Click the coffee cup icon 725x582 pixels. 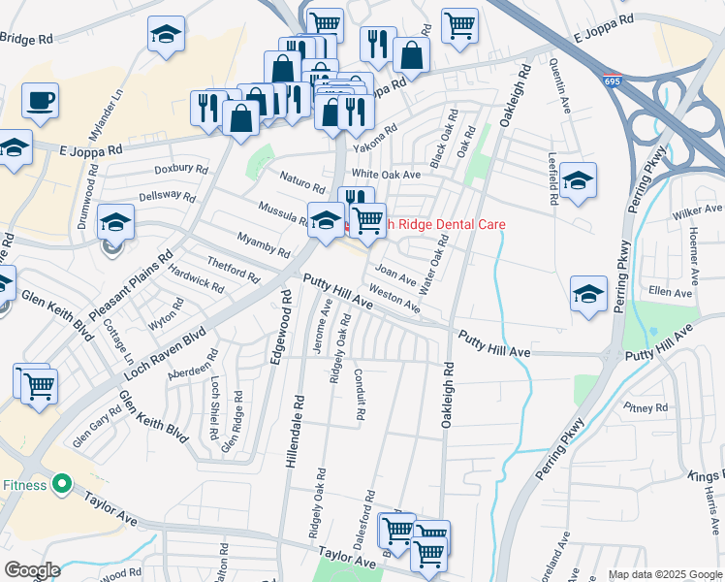coord(41,101)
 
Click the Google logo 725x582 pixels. coord(32,569)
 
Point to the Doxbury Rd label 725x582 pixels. coord(181,169)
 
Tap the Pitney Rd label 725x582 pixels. coord(646,407)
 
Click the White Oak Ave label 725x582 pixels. coord(386,174)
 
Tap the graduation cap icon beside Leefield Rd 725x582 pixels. coord(578,180)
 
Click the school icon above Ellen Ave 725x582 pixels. coord(588,294)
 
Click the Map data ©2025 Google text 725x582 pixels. coord(664,574)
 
